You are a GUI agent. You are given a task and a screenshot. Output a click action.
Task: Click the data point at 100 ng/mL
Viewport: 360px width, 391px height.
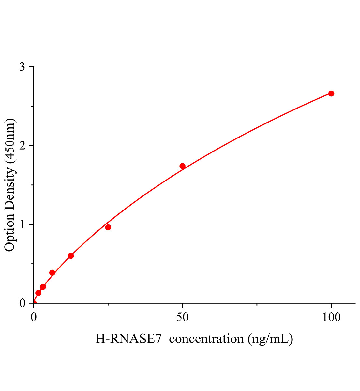click(x=331, y=94)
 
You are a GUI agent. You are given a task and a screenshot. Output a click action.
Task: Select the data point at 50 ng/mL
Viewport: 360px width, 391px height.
click(x=182, y=166)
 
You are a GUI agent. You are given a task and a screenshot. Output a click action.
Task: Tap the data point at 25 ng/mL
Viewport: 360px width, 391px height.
click(x=108, y=227)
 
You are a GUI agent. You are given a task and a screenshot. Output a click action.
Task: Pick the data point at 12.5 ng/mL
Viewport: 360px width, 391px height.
click(x=71, y=256)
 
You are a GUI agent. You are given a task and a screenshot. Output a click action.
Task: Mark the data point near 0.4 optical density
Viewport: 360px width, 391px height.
click(x=52, y=272)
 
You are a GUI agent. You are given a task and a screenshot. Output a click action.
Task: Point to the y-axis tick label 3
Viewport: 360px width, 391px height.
click(x=22, y=67)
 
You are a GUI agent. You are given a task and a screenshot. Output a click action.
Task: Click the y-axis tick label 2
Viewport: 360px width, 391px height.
click(x=22, y=146)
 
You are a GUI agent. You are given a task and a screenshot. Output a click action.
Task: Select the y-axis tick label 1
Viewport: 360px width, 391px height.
click(x=22, y=224)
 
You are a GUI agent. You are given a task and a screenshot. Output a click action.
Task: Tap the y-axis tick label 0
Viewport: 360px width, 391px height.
click(x=22, y=303)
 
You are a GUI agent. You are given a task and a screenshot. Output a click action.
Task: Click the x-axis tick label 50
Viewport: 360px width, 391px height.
click(x=182, y=317)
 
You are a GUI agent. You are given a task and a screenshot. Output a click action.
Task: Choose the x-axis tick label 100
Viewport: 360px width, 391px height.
click(x=331, y=317)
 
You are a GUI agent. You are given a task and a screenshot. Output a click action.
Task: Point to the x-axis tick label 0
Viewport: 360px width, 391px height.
click(x=34, y=317)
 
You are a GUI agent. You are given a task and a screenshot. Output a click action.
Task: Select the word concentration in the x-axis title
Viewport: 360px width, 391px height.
click(x=206, y=339)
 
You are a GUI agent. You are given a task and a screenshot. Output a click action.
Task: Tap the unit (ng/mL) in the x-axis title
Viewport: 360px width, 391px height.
click(x=270, y=339)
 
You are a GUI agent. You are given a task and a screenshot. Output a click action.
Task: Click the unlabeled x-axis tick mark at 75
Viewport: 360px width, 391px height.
click(x=257, y=305)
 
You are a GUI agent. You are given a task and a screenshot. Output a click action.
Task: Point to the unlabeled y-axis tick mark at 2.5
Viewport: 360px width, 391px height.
click(x=32, y=106)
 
